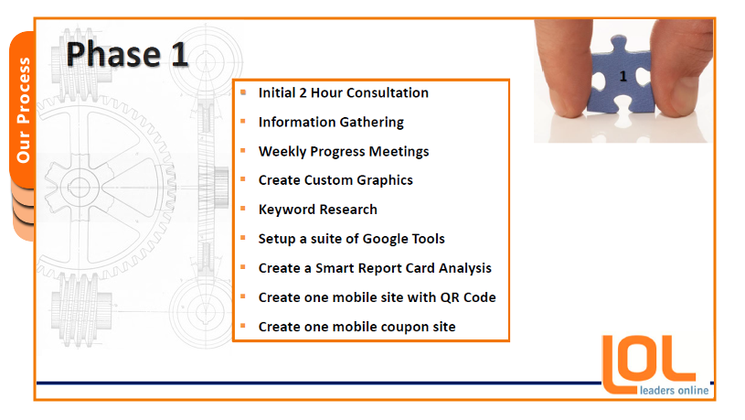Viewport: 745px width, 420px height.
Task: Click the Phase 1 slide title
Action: coord(127,54)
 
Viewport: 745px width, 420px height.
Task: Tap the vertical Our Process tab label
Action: coord(23,110)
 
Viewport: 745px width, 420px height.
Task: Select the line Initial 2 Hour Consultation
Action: coord(343,92)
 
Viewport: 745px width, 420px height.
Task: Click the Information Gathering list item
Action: coord(331,123)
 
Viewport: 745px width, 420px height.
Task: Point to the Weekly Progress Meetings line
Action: coord(344,151)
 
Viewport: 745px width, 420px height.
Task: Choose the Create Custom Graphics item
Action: coord(335,180)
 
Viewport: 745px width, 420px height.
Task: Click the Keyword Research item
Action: coord(317,210)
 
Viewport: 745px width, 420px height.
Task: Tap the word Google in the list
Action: coord(386,239)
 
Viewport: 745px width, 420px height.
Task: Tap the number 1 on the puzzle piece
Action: coord(623,76)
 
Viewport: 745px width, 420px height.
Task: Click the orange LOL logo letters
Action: coord(648,364)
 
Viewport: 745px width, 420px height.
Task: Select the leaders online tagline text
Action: coord(674,391)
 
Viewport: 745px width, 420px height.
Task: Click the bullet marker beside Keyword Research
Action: coord(243,209)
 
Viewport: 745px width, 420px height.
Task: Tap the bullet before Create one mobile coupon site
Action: coord(243,326)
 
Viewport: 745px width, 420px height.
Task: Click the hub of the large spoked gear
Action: coord(80,187)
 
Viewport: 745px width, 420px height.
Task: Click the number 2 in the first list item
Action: coord(303,92)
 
